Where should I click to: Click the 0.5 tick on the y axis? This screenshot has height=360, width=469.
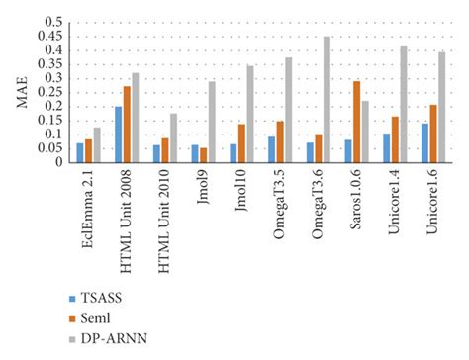[x=54, y=22]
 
